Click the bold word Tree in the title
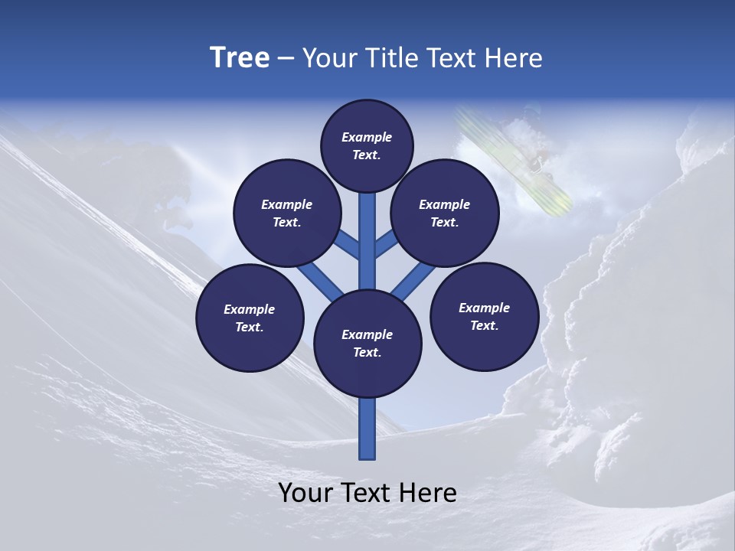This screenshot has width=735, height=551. coord(240,58)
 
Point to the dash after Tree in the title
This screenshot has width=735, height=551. coord(286,59)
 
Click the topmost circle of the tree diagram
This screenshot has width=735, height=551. coord(367,145)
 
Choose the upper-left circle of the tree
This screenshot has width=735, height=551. coord(286,213)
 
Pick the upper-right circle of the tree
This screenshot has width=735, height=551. coord(444,213)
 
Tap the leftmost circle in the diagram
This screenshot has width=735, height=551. coord(249,318)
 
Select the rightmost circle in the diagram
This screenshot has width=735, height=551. coord(484,316)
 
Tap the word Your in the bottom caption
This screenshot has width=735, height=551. coord(306,493)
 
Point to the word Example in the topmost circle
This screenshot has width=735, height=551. coord(367,137)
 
